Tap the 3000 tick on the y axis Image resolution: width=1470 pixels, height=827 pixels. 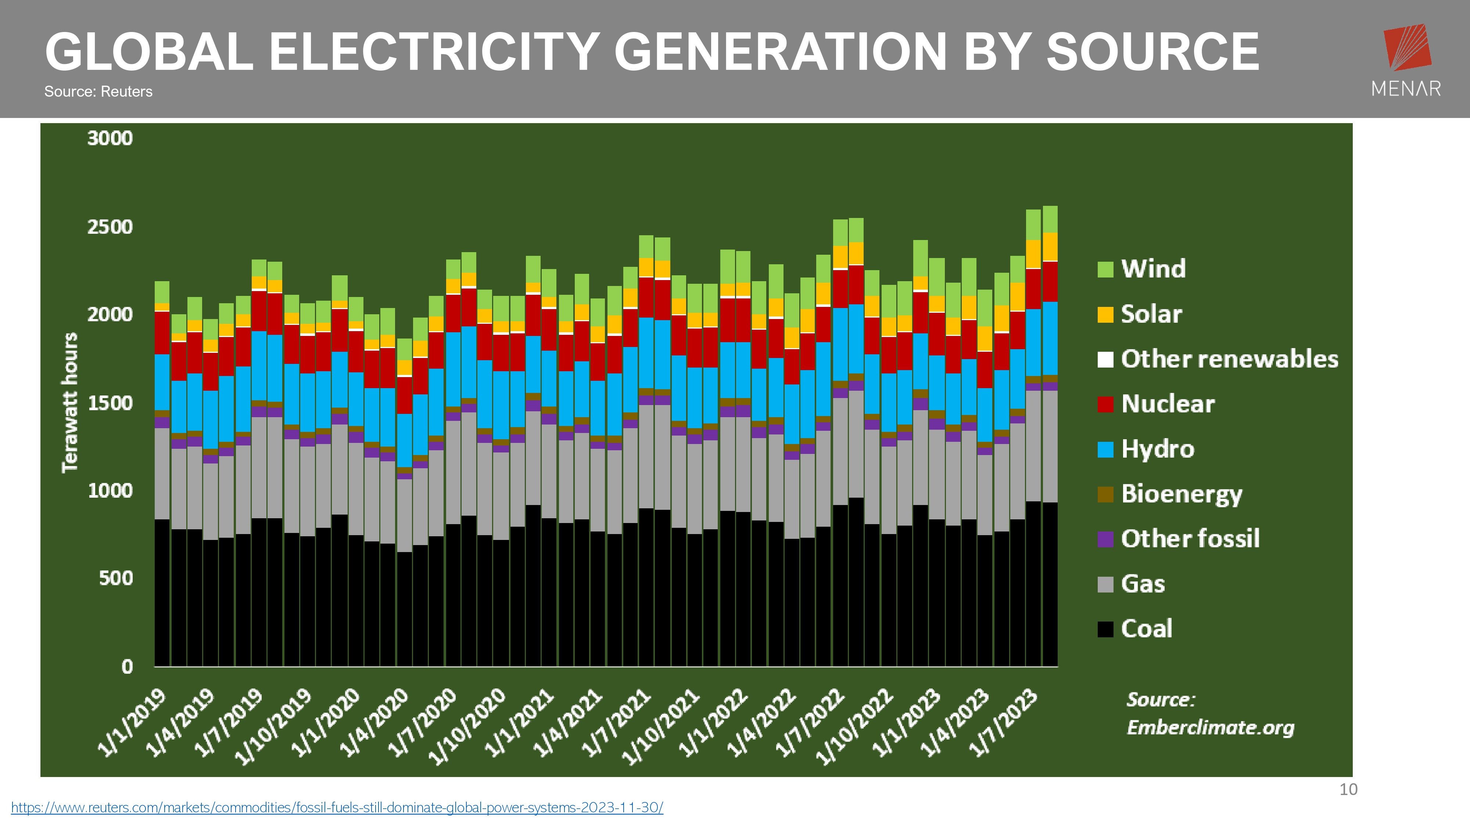(x=110, y=138)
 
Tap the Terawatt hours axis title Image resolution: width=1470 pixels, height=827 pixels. (x=69, y=403)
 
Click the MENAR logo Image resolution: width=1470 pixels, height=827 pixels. (x=1406, y=60)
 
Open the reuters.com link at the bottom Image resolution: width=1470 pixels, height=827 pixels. (x=337, y=808)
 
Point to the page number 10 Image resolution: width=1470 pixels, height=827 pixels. (x=1348, y=790)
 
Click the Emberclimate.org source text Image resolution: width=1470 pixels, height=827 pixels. (x=1210, y=728)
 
